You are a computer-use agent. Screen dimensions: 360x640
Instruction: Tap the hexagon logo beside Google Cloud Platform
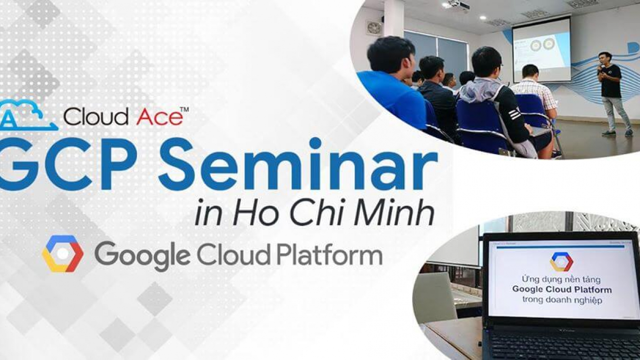[x=63, y=254]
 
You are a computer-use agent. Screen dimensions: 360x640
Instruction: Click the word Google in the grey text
[x=142, y=256]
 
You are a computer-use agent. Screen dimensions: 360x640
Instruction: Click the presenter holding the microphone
[x=612, y=91]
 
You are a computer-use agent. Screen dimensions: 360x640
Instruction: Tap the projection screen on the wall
[x=541, y=49]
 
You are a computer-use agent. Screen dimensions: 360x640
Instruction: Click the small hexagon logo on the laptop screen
[x=561, y=262]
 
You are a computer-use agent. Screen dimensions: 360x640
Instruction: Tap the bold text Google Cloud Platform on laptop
[x=562, y=289]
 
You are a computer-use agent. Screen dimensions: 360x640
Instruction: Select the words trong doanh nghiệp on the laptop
[x=562, y=299]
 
